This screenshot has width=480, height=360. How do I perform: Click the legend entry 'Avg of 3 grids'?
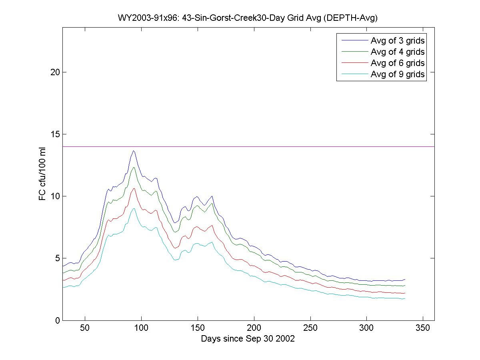[x=398, y=40]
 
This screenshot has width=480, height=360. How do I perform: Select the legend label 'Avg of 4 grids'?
[x=398, y=52]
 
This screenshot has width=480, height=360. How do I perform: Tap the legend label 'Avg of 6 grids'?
[x=398, y=63]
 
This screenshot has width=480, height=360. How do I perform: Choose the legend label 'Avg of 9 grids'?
[x=398, y=74]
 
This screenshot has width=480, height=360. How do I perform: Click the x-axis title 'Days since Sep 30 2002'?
[x=248, y=339]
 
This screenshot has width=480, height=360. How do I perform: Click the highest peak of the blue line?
[x=134, y=151]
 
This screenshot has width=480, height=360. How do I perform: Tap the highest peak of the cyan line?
[x=134, y=208]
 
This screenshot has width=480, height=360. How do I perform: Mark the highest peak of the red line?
[x=134, y=188]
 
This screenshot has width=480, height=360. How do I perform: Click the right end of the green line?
[x=405, y=286]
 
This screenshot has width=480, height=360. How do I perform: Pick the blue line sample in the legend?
[x=354, y=40]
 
